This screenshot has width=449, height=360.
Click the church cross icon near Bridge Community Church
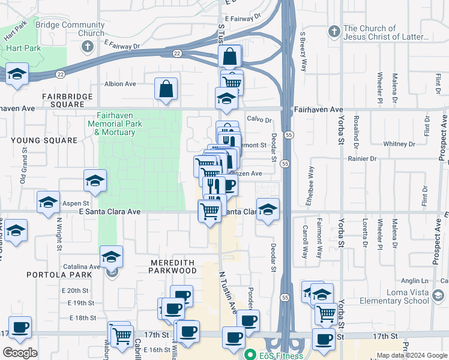point(87,46)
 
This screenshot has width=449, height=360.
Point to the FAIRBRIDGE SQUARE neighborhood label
point(67,100)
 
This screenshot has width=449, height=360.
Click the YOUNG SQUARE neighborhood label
point(44,140)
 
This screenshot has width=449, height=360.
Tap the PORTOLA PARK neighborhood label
point(59,275)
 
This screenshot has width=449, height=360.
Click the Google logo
point(20,353)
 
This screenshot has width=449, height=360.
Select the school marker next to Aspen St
point(48,202)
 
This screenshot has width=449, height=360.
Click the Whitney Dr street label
point(396,143)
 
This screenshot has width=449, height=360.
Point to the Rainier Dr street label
point(362,159)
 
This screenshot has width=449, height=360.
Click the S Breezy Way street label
point(304,52)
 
